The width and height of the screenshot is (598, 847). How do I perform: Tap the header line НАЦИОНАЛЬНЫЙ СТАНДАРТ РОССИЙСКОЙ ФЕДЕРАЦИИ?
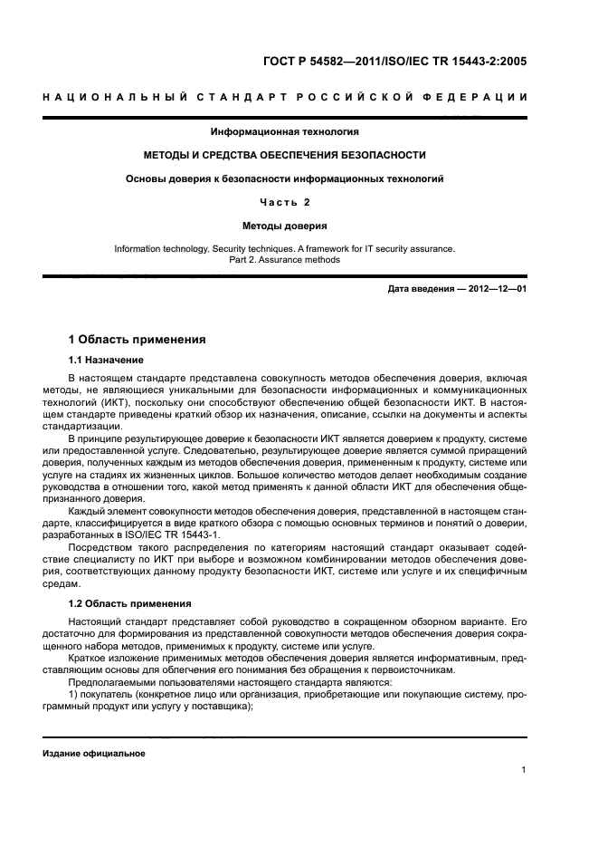pos(299,97)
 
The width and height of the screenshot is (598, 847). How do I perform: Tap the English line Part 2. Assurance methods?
pos(285,259)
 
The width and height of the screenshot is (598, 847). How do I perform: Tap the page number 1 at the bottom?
pos(524,770)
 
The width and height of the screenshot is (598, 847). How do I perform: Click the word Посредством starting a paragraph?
pos(103,547)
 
